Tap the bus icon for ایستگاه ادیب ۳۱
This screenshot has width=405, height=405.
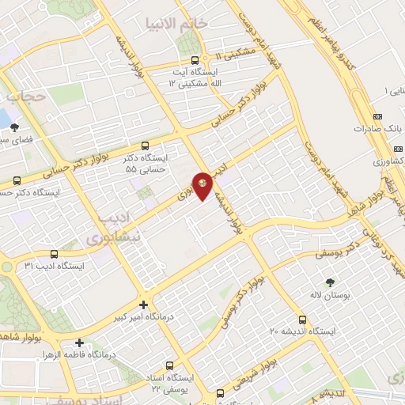[x=54, y=254]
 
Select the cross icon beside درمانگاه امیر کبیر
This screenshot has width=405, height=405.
[x=142, y=305]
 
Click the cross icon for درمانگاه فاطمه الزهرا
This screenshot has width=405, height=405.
[x=78, y=343]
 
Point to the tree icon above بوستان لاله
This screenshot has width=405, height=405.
[x=330, y=281]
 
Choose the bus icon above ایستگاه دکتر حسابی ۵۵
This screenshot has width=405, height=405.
[x=145, y=146]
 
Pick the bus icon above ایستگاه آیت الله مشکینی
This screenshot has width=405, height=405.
[x=195, y=59]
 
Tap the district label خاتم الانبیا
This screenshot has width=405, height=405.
[x=183, y=23]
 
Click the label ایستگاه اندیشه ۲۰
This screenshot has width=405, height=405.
[x=301, y=331]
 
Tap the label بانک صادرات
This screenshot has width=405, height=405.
[x=388, y=127]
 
